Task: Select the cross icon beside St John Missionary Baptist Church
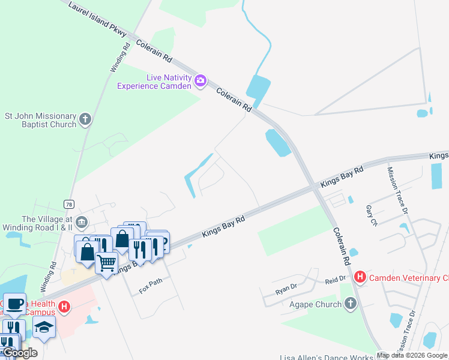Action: tap(85, 119)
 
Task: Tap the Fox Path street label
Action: tap(151, 281)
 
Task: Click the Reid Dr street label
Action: tap(336, 279)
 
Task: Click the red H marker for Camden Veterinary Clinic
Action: tap(360, 277)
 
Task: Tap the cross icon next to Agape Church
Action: tap(351, 304)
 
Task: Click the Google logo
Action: tap(19, 353)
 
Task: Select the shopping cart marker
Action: tap(106, 263)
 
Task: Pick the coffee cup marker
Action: tap(14, 304)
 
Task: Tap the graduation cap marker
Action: tap(44, 327)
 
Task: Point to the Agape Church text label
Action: tap(316, 304)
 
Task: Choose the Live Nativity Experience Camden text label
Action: tap(154, 82)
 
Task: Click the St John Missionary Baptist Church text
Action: tap(41, 120)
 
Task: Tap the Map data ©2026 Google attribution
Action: tap(412, 355)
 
